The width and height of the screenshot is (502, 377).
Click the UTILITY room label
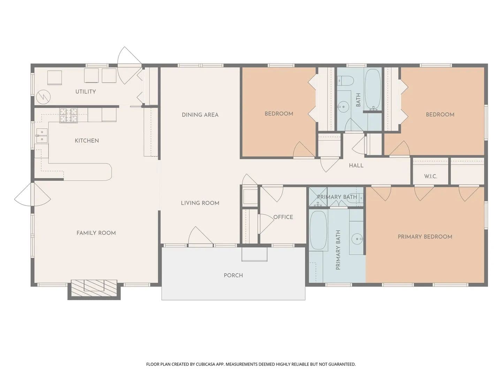coord(85,91)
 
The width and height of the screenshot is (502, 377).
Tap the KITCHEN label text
coord(87,141)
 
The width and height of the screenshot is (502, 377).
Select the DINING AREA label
coord(200,115)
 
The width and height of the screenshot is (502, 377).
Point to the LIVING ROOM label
coord(200,203)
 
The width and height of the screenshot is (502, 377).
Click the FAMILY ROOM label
coord(96,233)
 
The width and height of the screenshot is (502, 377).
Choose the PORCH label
coord(233,275)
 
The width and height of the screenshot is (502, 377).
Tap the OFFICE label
coord(283,217)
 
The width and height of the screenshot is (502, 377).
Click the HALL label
coord(356,165)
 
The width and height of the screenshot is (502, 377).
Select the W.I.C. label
coord(431,177)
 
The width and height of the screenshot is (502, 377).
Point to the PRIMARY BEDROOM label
coord(425,237)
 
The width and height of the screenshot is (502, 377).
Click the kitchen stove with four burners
coord(69,115)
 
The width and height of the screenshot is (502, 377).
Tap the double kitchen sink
coord(42,135)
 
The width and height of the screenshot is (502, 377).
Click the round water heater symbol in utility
coord(43,97)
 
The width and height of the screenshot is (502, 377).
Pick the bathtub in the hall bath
coord(373,90)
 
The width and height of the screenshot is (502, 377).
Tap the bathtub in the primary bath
coord(318,230)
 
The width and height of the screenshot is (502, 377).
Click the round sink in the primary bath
coord(357,239)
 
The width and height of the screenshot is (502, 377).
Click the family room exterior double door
coord(32,194)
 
